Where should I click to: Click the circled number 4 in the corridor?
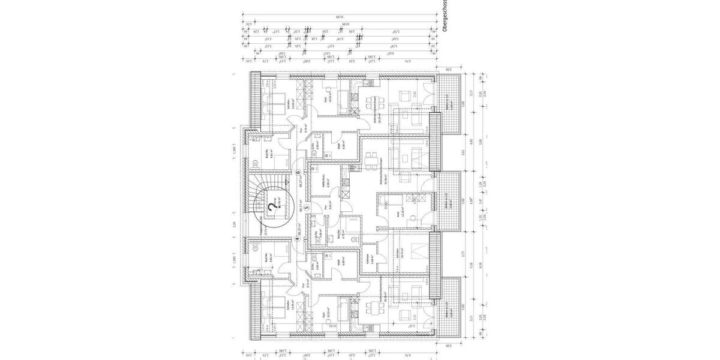(298, 238)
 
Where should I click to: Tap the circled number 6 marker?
(298, 172)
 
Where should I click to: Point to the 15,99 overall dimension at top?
(340, 16)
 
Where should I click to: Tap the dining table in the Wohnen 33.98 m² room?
(373, 157)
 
